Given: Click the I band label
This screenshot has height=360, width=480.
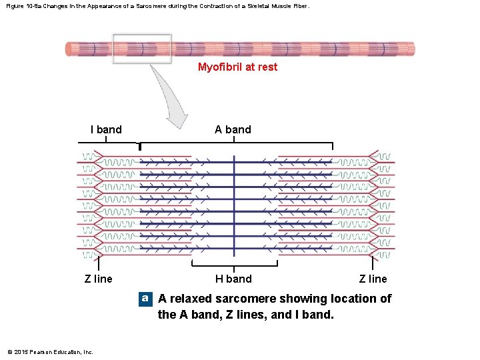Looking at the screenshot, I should [x=106, y=129].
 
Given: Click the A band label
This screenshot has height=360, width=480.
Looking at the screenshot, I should [x=233, y=129].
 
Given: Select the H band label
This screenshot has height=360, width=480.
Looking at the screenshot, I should [x=233, y=279].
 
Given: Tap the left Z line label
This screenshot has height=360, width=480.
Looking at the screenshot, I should [x=99, y=279].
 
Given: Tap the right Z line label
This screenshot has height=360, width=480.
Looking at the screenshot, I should [x=373, y=279].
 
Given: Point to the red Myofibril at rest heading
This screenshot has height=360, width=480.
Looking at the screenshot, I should [x=237, y=67].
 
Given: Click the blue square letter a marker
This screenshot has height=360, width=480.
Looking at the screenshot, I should [x=145, y=298].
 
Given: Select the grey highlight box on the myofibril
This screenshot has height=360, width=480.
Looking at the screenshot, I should [x=141, y=49].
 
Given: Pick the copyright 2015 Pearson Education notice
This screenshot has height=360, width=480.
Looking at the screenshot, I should [x=51, y=351].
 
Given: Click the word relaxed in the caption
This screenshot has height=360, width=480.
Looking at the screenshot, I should [x=192, y=299].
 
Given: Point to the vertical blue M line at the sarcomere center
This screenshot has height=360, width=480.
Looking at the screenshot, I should [x=234, y=207].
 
